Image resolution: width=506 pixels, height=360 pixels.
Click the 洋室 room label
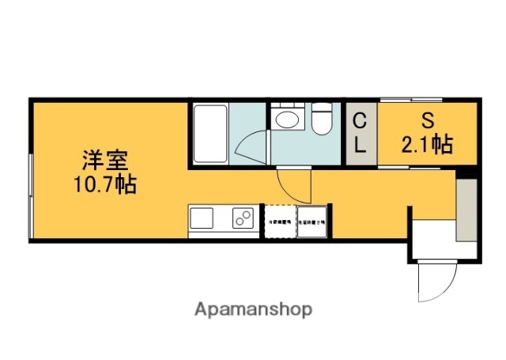tap(104, 160)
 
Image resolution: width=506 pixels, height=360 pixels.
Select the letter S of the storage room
tap(427, 121)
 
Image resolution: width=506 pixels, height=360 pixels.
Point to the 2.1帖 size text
tap(427, 145)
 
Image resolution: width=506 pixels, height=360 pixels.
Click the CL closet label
tap(359, 133)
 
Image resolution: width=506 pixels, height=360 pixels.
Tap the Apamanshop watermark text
tap(253, 309)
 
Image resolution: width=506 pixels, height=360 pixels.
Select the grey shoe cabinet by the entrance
tap(466, 210)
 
